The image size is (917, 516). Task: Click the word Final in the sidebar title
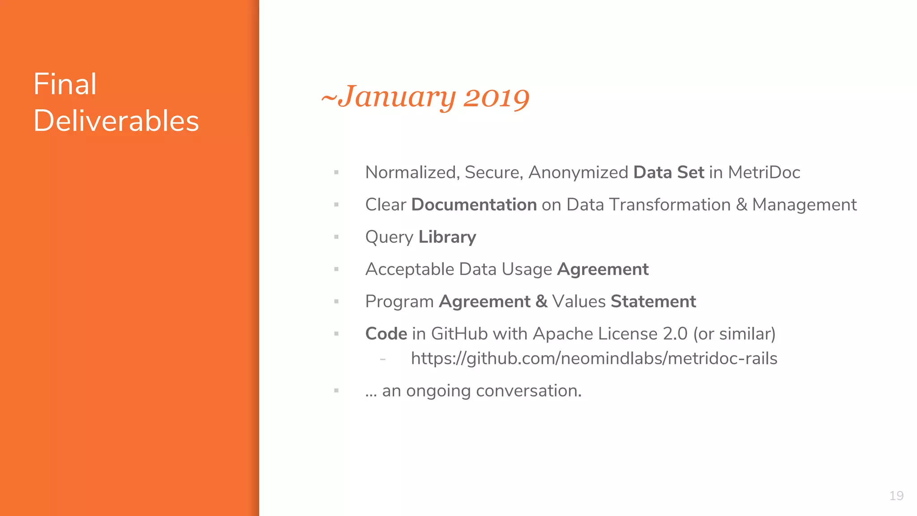65,84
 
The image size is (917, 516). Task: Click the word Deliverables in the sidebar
116,121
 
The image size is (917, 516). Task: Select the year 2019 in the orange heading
496,97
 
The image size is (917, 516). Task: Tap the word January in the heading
397,97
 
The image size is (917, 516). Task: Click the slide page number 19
896,496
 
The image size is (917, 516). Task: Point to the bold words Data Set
668,172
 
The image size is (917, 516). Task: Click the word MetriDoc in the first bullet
764,172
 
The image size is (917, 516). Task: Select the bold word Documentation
474,205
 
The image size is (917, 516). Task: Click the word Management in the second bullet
804,205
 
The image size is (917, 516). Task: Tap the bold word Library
447,237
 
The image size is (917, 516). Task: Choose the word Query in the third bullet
389,237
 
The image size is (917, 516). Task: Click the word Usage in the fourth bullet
527,269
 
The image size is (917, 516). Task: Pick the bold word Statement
653,301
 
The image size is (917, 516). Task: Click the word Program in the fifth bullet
399,302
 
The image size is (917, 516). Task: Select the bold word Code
386,334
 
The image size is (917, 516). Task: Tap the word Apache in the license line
563,334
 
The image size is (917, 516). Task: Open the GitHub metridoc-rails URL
594,358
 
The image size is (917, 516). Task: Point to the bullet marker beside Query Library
336,237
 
